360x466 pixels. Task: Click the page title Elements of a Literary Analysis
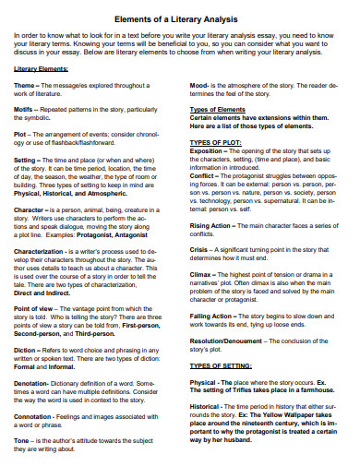pos(181,18)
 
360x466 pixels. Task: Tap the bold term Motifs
pos(25,109)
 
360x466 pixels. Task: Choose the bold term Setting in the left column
pos(26,160)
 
